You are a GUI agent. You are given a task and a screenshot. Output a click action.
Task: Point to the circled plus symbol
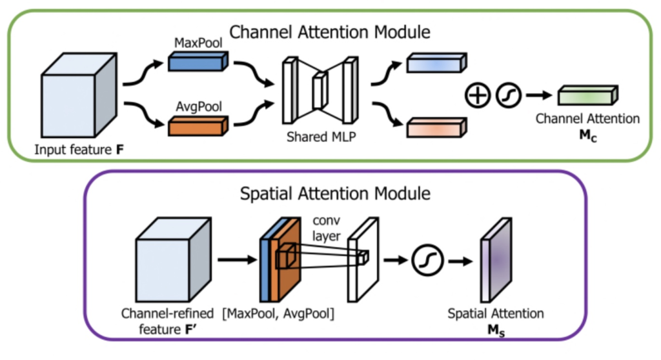pos(476,96)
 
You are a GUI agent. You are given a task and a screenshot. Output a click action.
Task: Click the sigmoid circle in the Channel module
pos(508,96)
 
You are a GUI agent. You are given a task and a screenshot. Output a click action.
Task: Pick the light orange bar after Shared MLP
pos(436,126)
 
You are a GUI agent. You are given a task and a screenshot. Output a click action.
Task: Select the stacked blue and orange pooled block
pos(280,261)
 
